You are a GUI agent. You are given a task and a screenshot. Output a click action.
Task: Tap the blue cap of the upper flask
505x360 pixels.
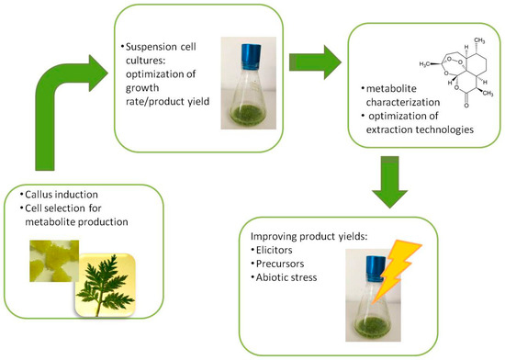coord(251,57)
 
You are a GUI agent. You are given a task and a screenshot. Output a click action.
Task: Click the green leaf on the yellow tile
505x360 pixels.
coord(106,286)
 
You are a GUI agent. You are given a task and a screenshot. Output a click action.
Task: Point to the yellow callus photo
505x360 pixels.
coord(54,261)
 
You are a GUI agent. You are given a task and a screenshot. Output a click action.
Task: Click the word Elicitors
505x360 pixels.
coord(275,250)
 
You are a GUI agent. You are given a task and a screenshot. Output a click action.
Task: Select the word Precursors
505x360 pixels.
coord(280,264)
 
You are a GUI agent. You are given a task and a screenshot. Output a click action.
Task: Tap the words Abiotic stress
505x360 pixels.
coord(286,277)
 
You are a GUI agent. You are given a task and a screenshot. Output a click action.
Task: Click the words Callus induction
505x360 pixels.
coord(62,195)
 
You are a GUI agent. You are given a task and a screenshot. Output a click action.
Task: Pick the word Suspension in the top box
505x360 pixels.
coord(148,47)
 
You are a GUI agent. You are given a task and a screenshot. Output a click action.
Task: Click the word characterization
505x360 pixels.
coord(403,102)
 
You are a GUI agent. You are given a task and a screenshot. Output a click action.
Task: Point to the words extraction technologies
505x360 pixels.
coord(420,129)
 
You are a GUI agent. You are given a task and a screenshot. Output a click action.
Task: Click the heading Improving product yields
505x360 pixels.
coord(309,236)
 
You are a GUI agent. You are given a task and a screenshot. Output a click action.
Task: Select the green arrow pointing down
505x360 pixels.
coord(390,182)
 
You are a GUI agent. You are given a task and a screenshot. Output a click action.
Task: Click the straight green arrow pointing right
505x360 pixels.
coord(315,62)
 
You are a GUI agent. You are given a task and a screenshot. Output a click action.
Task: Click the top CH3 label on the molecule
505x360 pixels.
coord(479,40)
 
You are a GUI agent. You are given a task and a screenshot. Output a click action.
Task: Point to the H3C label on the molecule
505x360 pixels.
coord(424,64)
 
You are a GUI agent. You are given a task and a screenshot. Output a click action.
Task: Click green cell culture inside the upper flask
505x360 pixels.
coord(249,114)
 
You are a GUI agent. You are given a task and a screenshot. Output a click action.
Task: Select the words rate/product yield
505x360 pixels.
coord(167,101)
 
